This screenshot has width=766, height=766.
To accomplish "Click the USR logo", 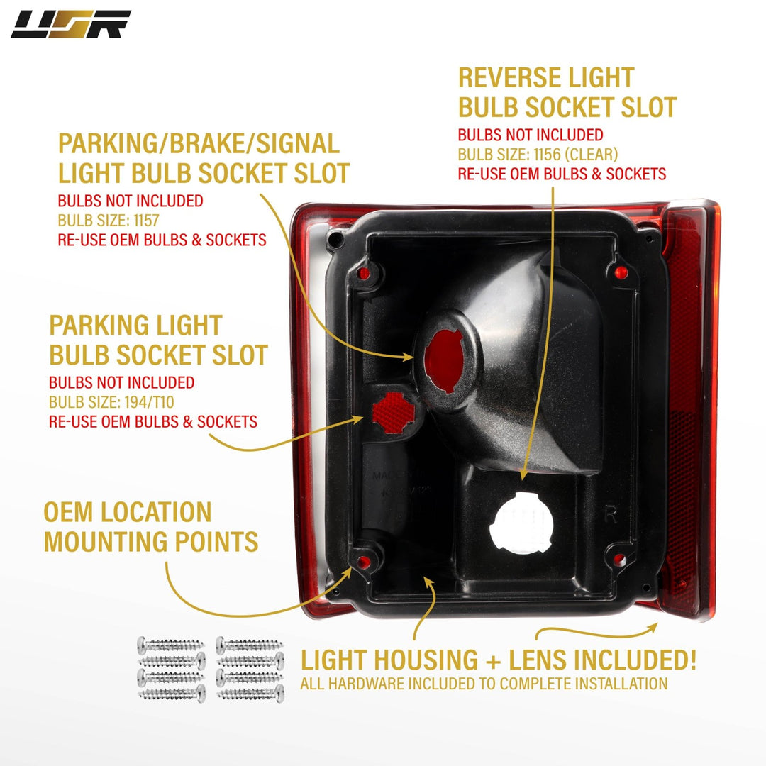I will point(71,24).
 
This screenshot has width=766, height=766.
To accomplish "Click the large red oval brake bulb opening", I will point(445,352).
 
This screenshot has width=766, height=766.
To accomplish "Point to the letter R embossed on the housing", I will point(610,515).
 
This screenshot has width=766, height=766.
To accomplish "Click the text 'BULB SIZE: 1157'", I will point(109,220).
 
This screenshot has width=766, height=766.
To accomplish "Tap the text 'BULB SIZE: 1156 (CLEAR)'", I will point(538,154).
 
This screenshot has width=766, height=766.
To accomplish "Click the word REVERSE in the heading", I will point(519,77).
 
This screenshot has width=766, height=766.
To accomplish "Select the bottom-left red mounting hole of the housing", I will point(364,562).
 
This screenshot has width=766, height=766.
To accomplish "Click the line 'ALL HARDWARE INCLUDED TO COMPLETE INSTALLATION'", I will point(484,684).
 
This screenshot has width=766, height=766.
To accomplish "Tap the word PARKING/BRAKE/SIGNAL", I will point(199,144).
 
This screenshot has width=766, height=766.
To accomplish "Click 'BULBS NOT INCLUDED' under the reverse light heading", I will point(531,135).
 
